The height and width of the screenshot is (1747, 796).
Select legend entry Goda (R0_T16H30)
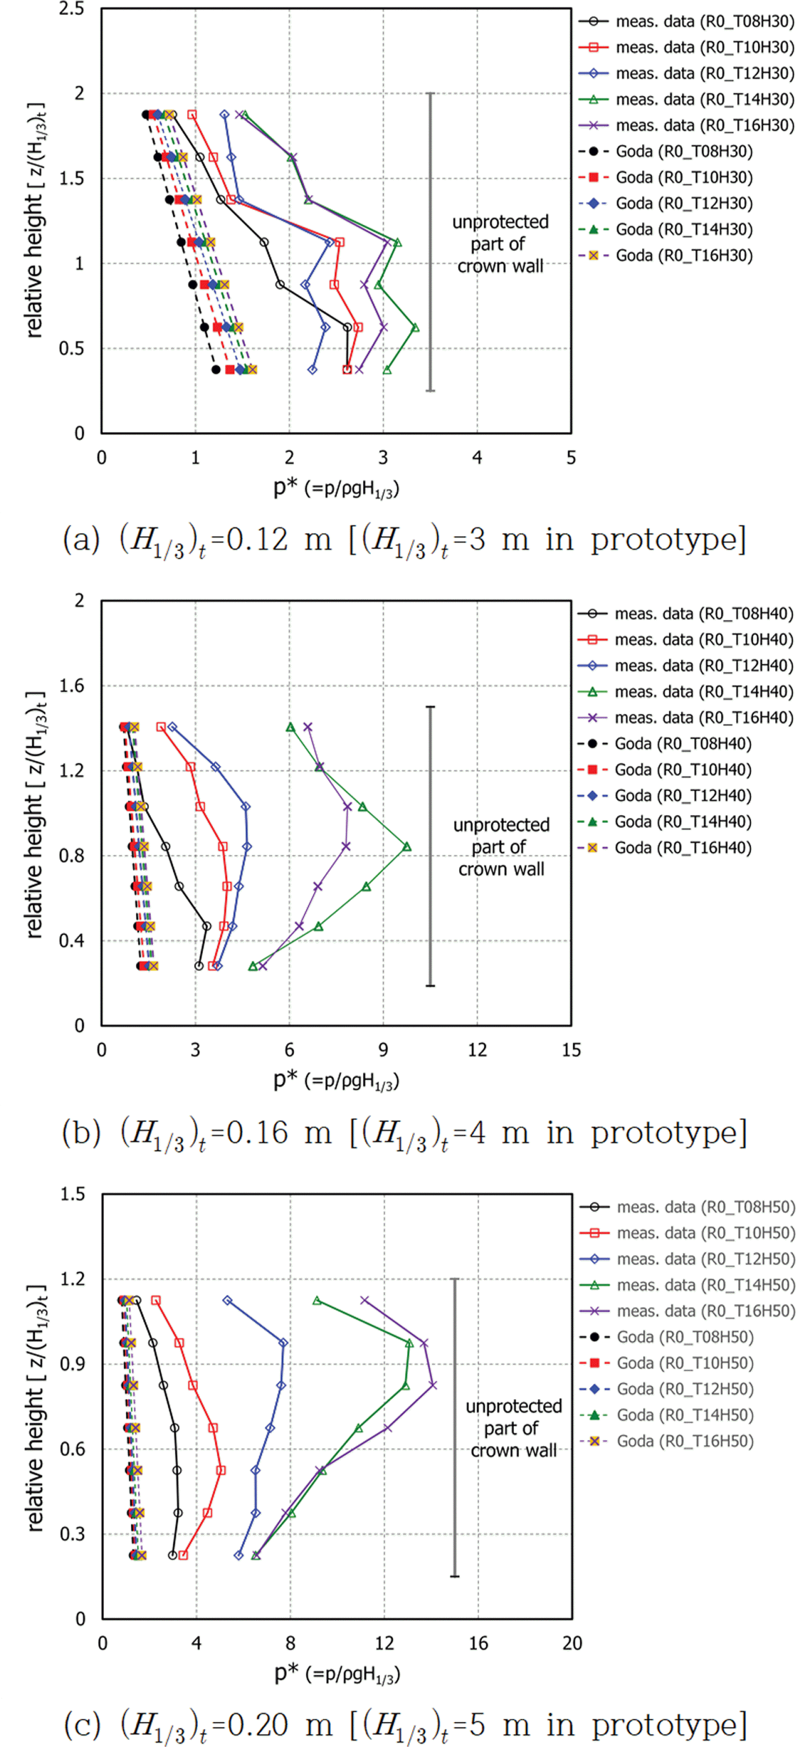pyautogui.click(x=683, y=256)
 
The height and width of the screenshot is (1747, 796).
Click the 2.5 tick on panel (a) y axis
pyautogui.click(x=72, y=10)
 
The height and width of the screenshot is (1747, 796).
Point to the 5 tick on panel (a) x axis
pyautogui.click(x=571, y=458)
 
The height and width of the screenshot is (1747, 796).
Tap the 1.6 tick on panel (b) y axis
pyautogui.click(x=72, y=686)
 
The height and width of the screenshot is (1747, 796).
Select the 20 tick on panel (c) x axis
pyautogui.click(x=572, y=1643)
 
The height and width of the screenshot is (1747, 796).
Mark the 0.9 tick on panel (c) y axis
pyautogui.click(x=72, y=1364)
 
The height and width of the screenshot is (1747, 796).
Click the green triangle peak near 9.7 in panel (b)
pyautogui.click(x=406, y=847)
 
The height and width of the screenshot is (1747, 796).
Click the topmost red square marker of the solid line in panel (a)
pyautogui.click(x=192, y=115)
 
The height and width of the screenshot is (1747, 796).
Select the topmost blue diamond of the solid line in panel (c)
pyautogui.click(x=228, y=1301)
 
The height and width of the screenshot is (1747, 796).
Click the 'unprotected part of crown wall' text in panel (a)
pyautogui.click(x=500, y=244)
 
